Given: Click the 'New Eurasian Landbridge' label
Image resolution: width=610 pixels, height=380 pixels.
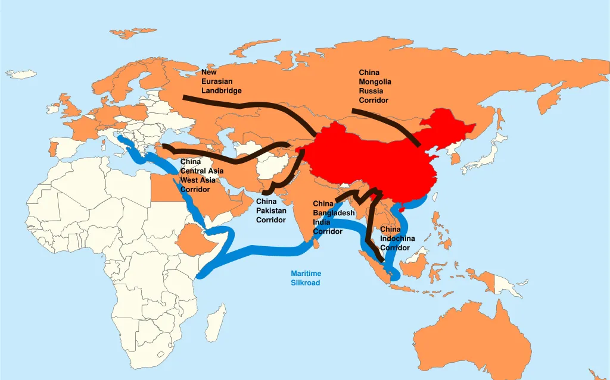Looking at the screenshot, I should click(x=221, y=81).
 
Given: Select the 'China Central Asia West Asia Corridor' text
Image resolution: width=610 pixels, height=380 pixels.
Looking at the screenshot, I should click(x=202, y=175).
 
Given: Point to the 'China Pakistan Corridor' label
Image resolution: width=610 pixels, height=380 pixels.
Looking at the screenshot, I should click(x=271, y=211).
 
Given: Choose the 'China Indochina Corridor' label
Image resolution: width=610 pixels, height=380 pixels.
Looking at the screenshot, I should click(x=396, y=238).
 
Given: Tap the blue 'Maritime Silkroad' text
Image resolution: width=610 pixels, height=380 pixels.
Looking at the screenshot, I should click(x=306, y=278).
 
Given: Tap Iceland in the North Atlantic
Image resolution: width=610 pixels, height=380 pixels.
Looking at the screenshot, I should click(x=21, y=74).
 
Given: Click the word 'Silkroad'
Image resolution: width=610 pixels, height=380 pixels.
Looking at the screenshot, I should click(x=306, y=282).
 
